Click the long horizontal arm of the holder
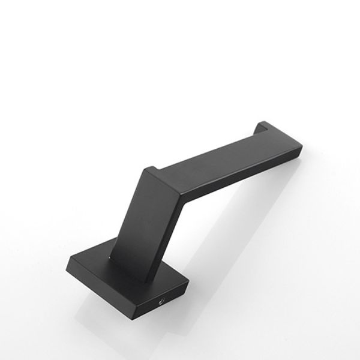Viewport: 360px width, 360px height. pos(228,156)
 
